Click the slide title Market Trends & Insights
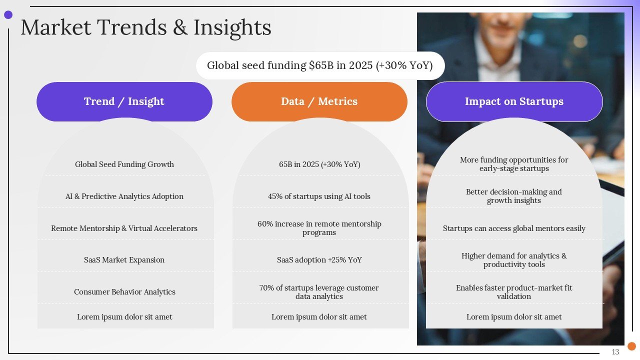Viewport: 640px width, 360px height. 146,27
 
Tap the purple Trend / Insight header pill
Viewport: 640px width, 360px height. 124,101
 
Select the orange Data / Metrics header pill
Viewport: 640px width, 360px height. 319,101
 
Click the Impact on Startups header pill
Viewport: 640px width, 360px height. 514,101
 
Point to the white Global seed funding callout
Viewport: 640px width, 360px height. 320,65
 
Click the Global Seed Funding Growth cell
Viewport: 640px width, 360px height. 124,164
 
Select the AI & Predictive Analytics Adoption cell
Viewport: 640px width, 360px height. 124,196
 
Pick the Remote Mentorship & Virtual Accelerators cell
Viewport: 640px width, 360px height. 124,228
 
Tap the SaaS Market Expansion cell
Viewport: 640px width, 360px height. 124,259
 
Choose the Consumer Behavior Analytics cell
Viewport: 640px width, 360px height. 124,291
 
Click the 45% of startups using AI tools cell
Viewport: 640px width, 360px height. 319,196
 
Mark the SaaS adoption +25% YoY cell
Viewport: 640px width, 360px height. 319,259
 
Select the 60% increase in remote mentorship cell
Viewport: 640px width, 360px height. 319,228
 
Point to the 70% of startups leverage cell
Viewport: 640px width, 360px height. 319,291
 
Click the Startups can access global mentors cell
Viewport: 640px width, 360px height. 514,228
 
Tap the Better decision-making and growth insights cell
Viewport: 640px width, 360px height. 514,196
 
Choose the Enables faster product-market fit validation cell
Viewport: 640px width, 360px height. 514,291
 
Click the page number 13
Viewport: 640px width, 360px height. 615,352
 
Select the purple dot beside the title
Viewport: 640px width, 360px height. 8,15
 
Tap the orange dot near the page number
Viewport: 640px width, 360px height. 631,346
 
